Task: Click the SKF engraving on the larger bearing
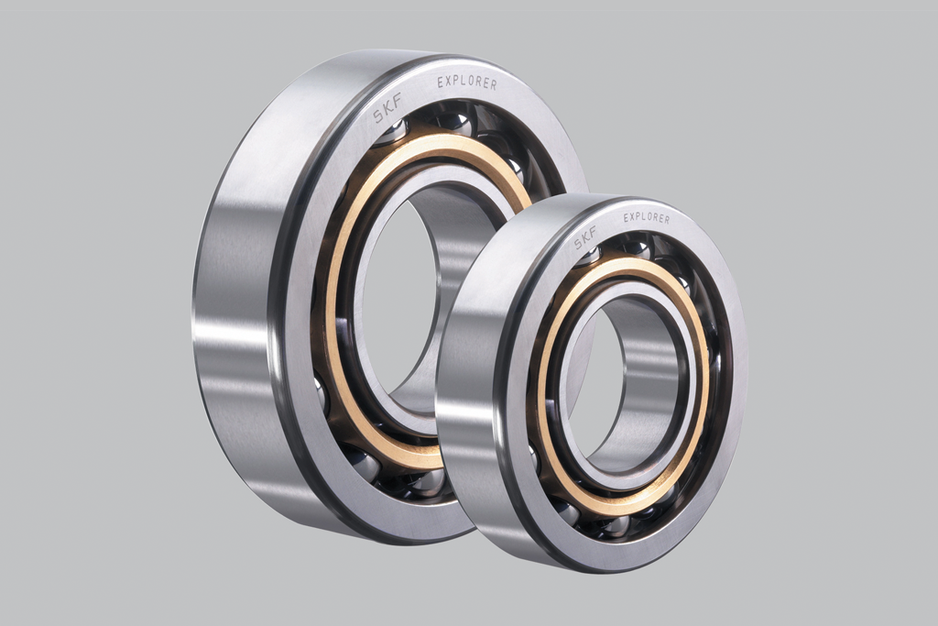[x=387, y=109]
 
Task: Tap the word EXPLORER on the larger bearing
[x=467, y=82]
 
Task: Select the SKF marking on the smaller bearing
[x=585, y=237]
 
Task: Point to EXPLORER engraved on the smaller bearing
[x=647, y=217]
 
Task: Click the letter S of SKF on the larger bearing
[x=378, y=116]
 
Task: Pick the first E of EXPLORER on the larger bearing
[x=441, y=82]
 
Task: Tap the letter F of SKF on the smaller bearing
[x=593, y=230]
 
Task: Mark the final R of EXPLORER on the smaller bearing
[x=667, y=220]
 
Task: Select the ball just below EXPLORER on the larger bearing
[x=454, y=122]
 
